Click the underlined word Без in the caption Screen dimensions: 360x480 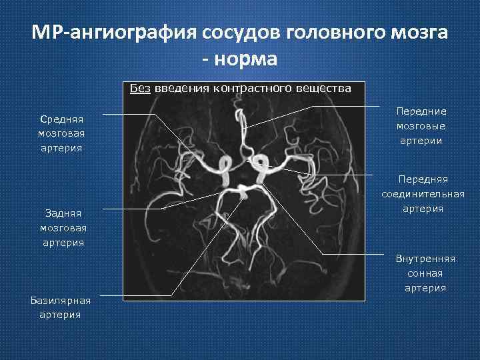tap(140, 89)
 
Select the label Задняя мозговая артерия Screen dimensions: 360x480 tap(61, 227)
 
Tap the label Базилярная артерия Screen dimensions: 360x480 tap(61, 307)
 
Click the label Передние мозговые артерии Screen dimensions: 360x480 tap(421, 126)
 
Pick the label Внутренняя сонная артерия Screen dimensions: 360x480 tap(425, 273)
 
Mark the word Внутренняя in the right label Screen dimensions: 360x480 tap(425, 259)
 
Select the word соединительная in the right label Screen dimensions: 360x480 tap(423, 194)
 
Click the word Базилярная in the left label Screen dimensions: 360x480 tap(61, 299)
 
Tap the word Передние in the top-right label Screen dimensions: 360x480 tap(421, 111)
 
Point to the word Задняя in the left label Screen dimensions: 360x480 tap(61, 213)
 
